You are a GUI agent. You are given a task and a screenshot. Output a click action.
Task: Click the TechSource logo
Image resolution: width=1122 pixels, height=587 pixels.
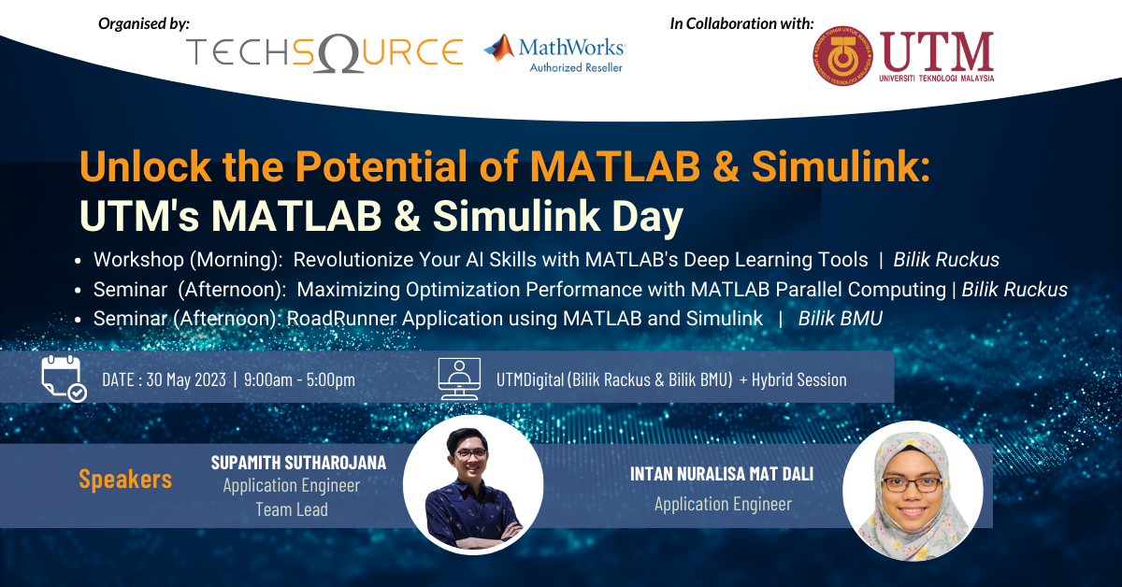(x=324, y=51)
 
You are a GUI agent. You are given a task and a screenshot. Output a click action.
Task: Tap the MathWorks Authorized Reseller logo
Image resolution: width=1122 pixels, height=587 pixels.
(x=554, y=52)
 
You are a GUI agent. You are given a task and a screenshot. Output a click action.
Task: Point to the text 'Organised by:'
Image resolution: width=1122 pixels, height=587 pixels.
(x=144, y=21)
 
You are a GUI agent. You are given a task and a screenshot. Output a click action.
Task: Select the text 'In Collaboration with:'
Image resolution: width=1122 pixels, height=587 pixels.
(x=741, y=22)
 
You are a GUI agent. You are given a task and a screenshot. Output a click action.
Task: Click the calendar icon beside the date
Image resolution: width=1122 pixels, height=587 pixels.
(x=63, y=379)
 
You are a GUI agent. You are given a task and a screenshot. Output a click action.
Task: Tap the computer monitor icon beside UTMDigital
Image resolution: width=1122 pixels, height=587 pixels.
(x=459, y=379)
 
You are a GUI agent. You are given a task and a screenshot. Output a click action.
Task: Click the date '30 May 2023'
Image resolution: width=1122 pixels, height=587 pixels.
(x=186, y=379)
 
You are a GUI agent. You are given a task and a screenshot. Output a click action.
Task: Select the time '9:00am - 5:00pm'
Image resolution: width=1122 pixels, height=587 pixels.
(x=299, y=379)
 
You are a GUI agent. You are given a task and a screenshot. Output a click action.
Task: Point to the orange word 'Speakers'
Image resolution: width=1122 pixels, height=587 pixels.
(x=125, y=480)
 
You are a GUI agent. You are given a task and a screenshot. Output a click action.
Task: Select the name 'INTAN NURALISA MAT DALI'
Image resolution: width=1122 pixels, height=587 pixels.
(x=722, y=474)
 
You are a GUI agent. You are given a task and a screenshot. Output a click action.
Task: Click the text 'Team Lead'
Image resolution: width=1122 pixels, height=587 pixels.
(x=291, y=509)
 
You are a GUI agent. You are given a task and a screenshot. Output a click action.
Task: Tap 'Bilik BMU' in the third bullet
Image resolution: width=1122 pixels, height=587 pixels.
(x=840, y=319)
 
